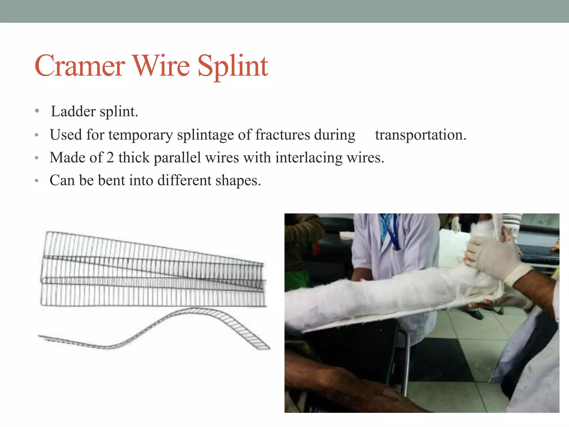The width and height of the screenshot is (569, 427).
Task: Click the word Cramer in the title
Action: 80,66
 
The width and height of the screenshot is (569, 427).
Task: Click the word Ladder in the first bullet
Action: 73,111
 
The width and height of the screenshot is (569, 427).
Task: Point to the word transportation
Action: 420,135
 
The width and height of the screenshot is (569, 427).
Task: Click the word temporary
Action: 140,135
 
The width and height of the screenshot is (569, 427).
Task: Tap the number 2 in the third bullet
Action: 110,158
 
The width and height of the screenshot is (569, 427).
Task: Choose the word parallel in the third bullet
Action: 177,158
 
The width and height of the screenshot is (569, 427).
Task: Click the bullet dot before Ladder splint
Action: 37,111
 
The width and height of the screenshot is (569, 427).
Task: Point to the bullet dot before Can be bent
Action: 36,181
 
